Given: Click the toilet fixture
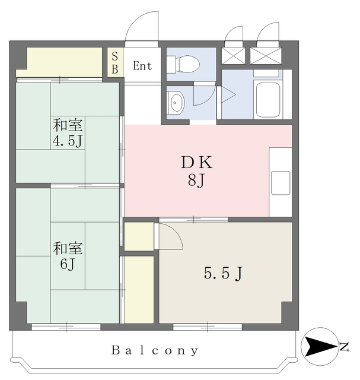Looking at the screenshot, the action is point(183,65).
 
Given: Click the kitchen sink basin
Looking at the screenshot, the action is point(281,183).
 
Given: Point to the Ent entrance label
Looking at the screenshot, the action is point(142,66).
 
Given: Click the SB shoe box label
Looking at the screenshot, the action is point(115,63).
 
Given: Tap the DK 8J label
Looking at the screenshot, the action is point(196,172).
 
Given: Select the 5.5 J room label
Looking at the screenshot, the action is point(223,273).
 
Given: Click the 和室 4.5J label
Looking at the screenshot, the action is point(68,133).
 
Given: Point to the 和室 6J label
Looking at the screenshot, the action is point(68,256).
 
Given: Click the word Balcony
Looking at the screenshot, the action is point(155,351).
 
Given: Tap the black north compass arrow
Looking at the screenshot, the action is point(320,347).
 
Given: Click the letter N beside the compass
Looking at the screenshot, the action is point(344,347).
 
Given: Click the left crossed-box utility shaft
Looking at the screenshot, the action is point(234,56).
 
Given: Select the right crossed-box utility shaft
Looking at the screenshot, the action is point(266,56).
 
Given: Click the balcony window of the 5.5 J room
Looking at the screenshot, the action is point(208,327).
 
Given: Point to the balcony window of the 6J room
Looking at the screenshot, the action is point(66,327).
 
